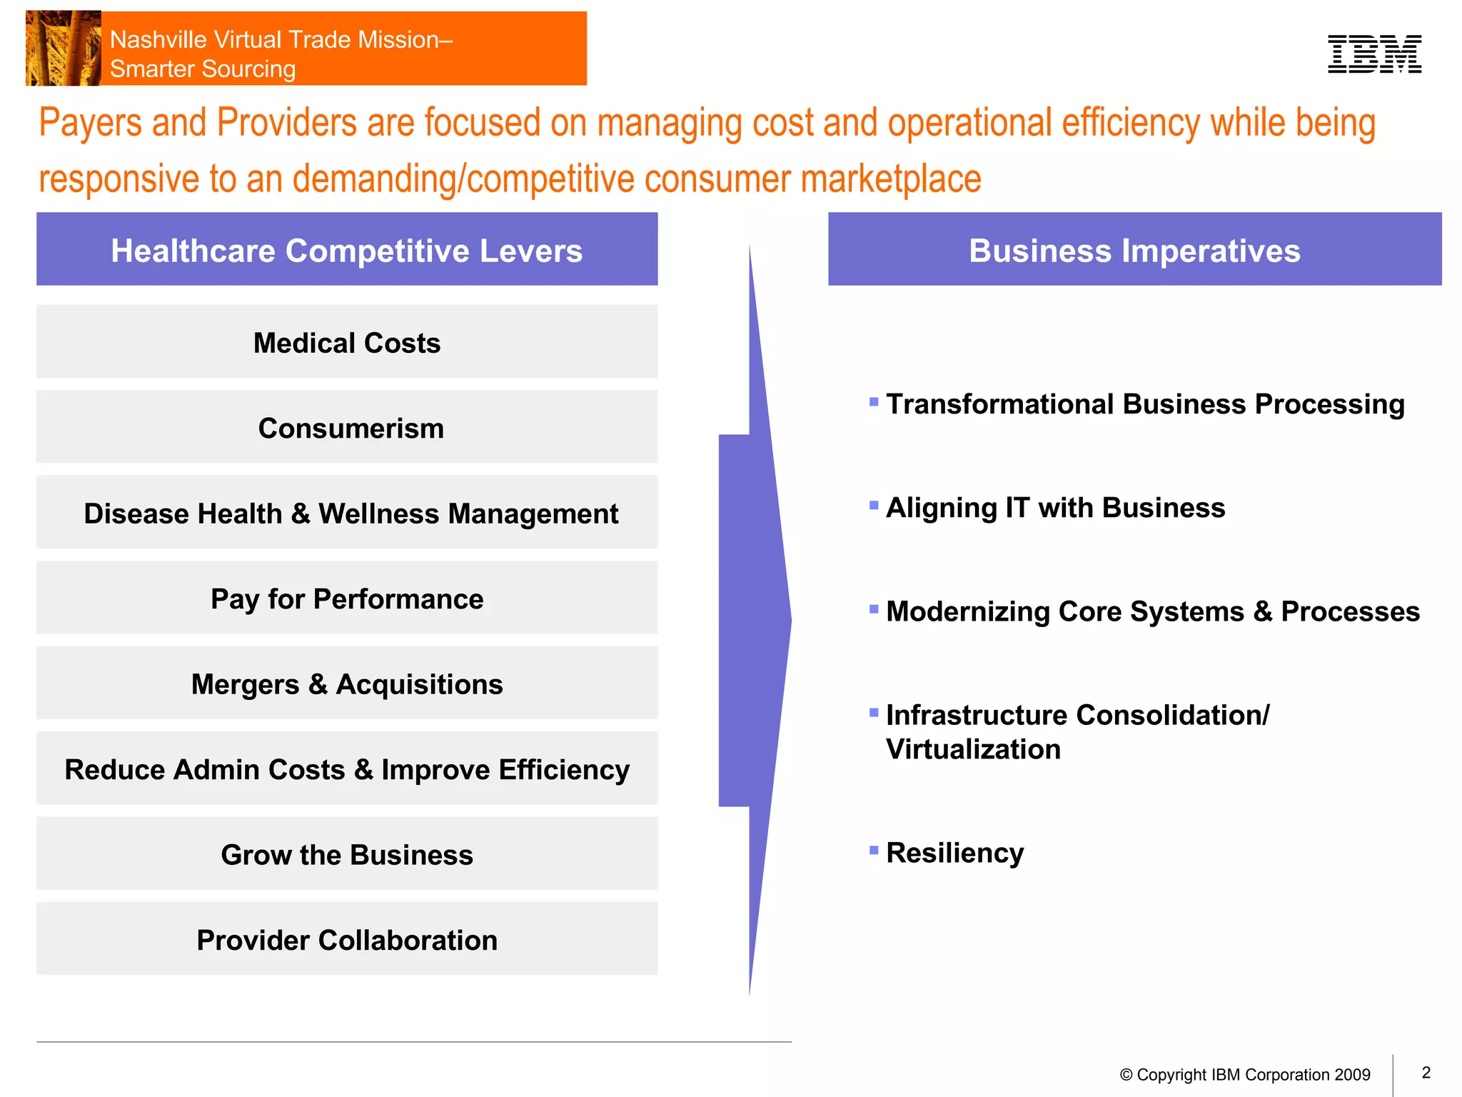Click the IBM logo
[x=1373, y=54]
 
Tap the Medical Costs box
[x=347, y=342]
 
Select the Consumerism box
[x=347, y=427]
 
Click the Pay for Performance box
[x=347, y=598]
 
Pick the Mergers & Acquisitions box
[x=347, y=683]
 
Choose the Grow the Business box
[x=347, y=853]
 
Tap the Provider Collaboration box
[x=347, y=939]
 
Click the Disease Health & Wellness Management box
[x=347, y=513]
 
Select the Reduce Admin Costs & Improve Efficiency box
[x=347, y=768]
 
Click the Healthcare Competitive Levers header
[x=347, y=250]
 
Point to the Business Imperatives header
[x=1134, y=250]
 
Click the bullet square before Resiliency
[x=874, y=850]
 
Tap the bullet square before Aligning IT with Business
[x=874, y=506]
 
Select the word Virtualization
[x=973, y=749]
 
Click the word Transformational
[x=999, y=404]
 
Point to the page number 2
[x=1426, y=1073]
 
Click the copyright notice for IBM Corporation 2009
[x=1245, y=1075]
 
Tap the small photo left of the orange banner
[x=63, y=49]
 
